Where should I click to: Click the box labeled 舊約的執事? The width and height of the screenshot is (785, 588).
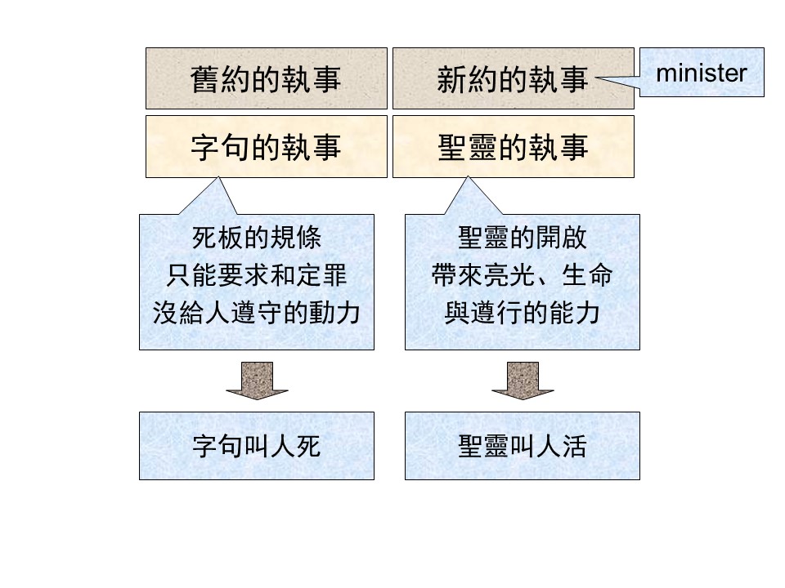tap(267, 78)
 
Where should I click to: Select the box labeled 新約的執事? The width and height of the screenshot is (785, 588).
tap(514, 78)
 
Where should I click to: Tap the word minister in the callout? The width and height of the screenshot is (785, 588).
tap(702, 73)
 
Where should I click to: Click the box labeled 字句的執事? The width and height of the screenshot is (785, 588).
tap(267, 146)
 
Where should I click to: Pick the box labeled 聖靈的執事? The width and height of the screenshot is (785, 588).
tap(514, 146)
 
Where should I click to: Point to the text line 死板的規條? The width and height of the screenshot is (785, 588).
tap(257, 238)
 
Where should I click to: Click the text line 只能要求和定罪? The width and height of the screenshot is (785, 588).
tap(257, 275)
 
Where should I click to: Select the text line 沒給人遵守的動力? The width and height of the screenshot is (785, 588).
tap(257, 313)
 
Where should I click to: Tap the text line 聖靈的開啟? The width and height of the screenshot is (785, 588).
tap(523, 238)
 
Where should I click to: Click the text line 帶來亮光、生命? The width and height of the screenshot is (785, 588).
tap(523, 275)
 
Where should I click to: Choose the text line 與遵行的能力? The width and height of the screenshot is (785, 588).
tap(523, 313)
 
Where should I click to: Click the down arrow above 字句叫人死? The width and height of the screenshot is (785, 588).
tap(257, 381)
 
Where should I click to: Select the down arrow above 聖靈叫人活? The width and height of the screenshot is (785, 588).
tap(523, 381)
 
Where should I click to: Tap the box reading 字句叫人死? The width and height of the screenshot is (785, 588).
tap(257, 446)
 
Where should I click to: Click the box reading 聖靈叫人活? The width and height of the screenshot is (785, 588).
tap(523, 446)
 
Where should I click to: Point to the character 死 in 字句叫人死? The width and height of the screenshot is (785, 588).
tap(308, 446)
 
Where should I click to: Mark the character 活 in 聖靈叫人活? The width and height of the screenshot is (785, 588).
tap(574, 446)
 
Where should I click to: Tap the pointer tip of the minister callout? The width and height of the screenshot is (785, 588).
tap(596, 78)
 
